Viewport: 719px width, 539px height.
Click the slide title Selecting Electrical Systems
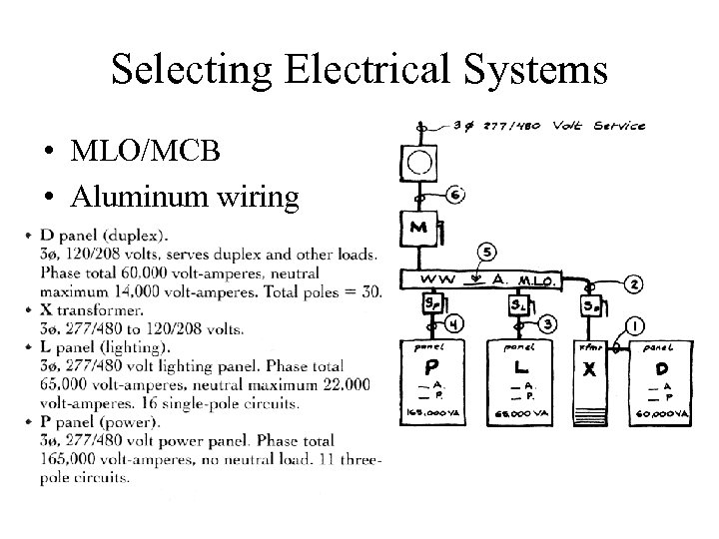tap(359, 70)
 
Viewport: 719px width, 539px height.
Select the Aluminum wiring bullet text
tap(184, 197)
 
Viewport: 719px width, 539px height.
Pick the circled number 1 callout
tap(634, 325)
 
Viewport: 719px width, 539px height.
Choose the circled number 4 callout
tap(452, 322)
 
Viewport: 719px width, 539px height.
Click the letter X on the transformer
tap(589, 370)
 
